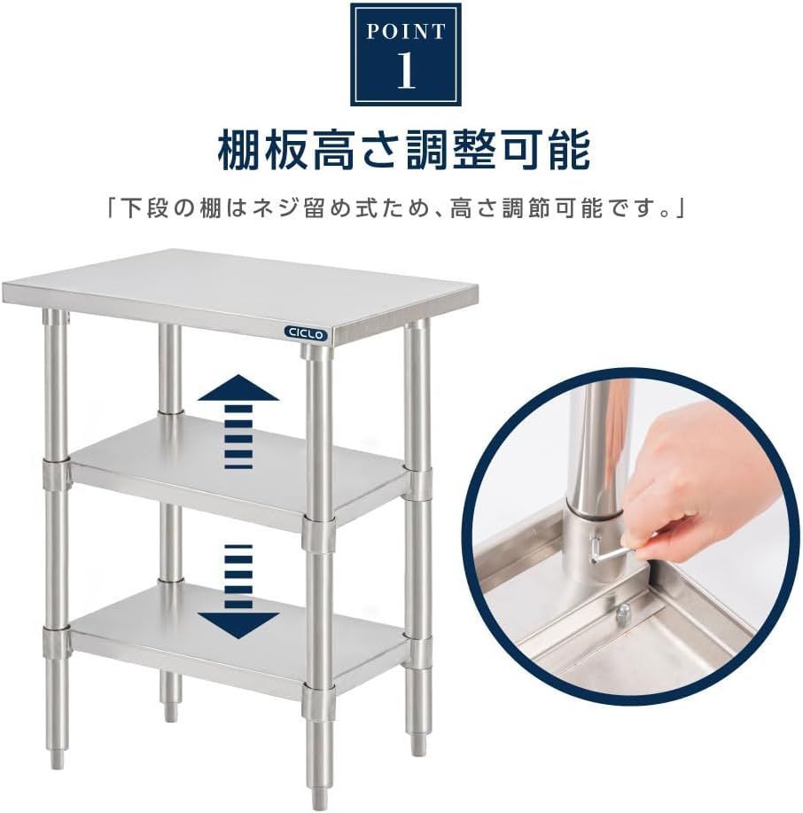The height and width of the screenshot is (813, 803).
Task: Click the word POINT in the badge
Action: (405, 33)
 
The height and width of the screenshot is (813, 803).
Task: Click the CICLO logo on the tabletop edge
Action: (306, 333)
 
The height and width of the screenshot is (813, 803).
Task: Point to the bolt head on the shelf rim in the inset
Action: (623, 609)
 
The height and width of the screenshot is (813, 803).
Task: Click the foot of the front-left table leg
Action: (57, 756)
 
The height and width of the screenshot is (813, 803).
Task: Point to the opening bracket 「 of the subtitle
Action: (112, 209)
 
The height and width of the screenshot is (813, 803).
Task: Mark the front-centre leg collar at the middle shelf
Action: (319, 531)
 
